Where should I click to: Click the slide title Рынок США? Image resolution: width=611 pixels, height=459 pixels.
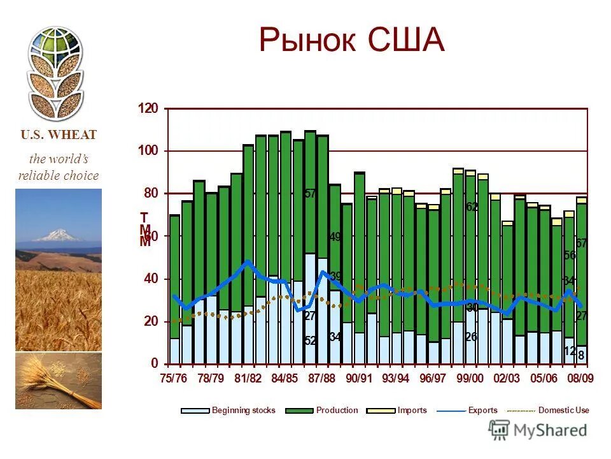pyautogui.click(x=351, y=41)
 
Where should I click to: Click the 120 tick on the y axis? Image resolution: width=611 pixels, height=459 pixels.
pyautogui.click(x=148, y=108)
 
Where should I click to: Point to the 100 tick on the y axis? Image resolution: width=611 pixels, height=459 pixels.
pyautogui.click(x=148, y=151)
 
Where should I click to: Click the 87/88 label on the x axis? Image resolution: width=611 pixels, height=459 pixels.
pyautogui.click(x=322, y=378)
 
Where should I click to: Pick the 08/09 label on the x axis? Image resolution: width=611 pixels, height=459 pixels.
pyautogui.click(x=580, y=378)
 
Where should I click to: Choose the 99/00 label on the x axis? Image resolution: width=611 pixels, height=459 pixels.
pyautogui.click(x=470, y=378)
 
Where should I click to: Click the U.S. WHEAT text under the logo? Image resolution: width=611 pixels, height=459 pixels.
pyautogui.click(x=59, y=135)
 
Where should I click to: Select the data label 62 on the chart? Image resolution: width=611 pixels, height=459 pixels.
pyautogui.click(x=472, y=207)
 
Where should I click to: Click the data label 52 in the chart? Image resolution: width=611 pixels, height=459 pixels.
pyautogui.click(x=311, y=341)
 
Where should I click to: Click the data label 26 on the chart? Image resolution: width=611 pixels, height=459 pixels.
pyautogui.click(x=471, y=337)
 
